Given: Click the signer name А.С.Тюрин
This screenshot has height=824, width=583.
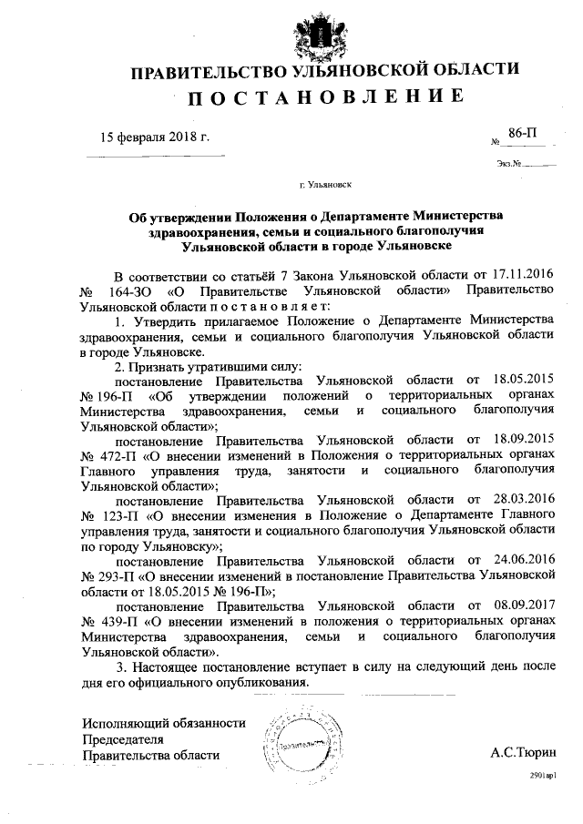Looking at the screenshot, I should (522, 754).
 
